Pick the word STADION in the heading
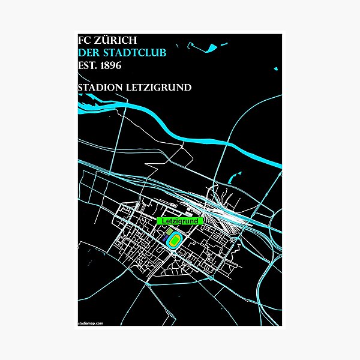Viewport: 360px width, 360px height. tap(101, 88)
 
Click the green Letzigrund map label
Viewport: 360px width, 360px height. tap(180, 221)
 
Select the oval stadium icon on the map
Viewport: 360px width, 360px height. tap(175, 241)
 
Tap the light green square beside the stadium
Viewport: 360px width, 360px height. tap(169, 232)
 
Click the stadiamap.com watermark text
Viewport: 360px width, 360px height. tap(91, 323)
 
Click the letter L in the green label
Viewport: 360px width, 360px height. tap(165, 221)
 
